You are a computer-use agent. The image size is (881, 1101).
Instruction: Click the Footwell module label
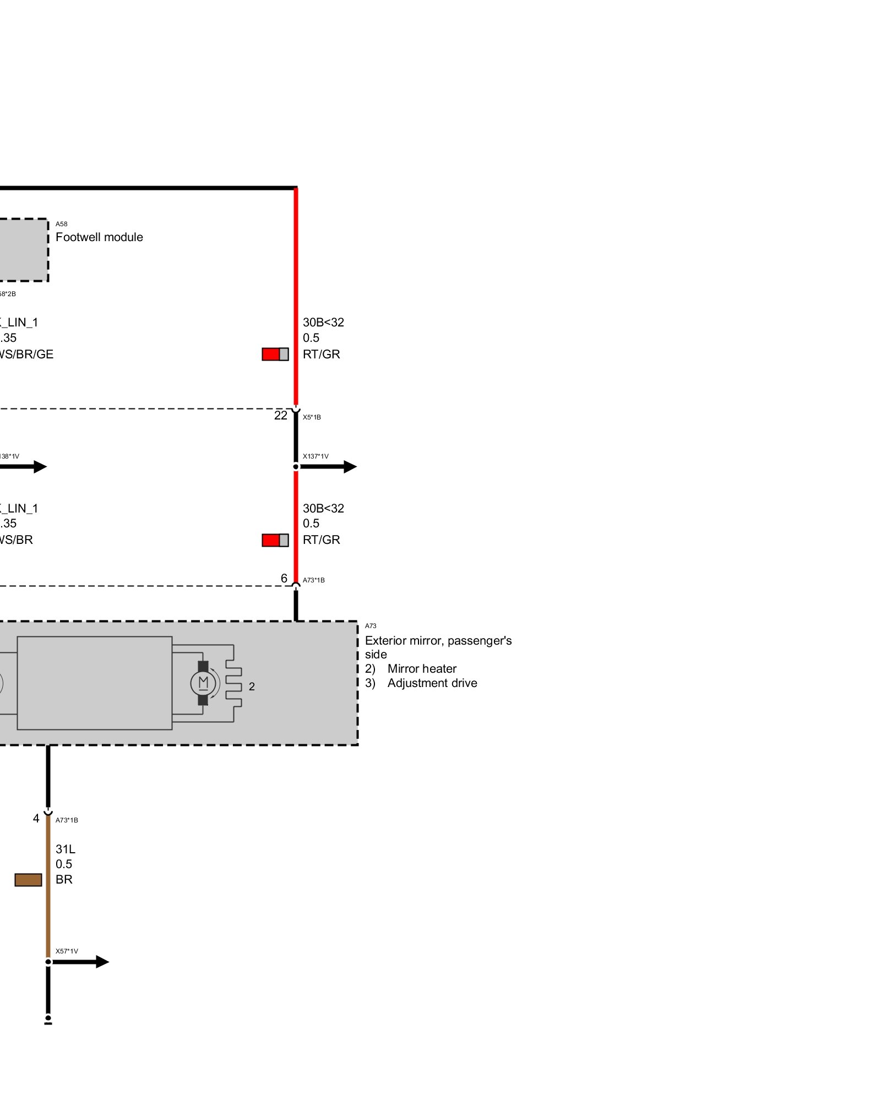click(99, 237)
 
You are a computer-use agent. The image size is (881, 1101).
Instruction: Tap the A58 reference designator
click(61, 224)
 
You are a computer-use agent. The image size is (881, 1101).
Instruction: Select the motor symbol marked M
click(203, 683)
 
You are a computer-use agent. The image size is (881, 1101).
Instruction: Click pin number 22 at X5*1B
click(281, 416)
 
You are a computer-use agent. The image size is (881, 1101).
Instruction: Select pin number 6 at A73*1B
click(284, 579)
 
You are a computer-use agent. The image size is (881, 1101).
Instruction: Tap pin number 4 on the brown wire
click(36, 819)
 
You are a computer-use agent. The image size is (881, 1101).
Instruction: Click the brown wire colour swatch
click(28, 880)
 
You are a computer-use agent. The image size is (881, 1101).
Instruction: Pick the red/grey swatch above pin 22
click(275, 354)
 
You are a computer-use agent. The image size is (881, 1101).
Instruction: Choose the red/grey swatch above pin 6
click(275, 540)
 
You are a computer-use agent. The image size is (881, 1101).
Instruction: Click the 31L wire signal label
click(66, 849)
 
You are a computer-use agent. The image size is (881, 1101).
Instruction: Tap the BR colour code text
click(64, 880)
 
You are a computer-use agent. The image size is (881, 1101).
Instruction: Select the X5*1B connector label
click(312, 417)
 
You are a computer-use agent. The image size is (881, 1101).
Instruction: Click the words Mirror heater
click(422, 669)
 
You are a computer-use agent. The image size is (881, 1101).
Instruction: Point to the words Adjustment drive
click(432, 683)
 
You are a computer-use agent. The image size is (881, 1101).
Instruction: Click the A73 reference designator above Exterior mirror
click(371, 626)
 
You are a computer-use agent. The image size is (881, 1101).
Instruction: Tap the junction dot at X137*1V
click(296, 467)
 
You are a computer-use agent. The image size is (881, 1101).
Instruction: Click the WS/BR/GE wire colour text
click(26, 355)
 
